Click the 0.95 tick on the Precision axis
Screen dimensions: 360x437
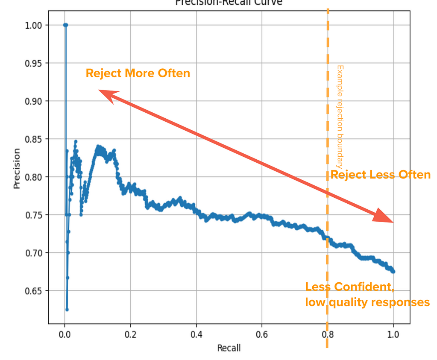33,63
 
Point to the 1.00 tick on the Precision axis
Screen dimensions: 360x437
33,25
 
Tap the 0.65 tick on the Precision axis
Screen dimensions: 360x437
33,291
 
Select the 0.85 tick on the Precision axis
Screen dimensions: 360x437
33,139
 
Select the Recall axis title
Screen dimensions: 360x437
229,348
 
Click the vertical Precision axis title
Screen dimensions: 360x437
17,168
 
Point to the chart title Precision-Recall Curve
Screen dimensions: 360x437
229,3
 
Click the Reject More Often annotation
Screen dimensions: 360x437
138,73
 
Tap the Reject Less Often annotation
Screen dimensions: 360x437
380,175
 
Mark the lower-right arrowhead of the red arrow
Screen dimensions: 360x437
384,217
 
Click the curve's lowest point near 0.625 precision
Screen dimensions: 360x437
67,310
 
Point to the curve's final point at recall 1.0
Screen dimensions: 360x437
393,272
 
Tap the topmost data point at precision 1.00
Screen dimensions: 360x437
65,25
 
